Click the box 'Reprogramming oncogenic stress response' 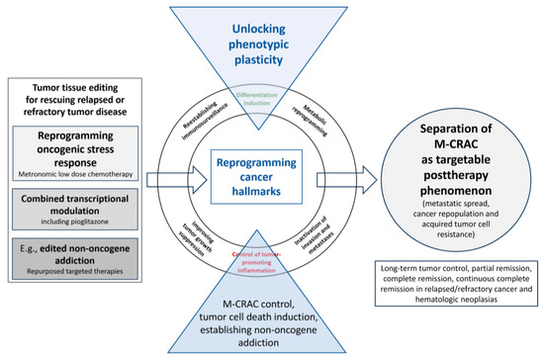pyautogui.click(x=74, y=148)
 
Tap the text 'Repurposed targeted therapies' pyautogui.click(x=74, y=270)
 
